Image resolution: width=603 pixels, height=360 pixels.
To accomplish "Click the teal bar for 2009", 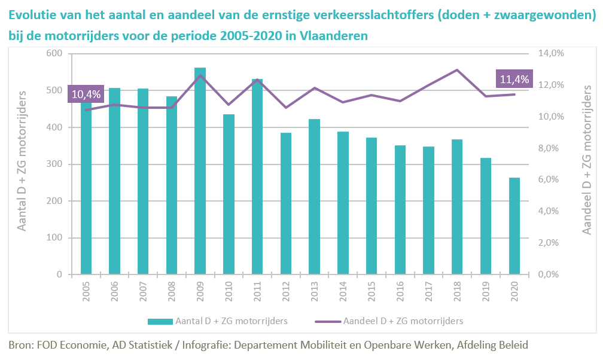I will tap(200, 173).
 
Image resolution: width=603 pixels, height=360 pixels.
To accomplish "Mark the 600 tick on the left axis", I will tap(54, 53).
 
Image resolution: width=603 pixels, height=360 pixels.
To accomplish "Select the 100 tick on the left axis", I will tap(54, 238).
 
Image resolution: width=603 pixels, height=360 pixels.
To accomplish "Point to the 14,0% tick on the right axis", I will tap(551, 53).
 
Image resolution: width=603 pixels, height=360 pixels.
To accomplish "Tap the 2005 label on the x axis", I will tap(87, 290).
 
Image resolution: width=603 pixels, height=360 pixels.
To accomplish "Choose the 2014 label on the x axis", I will tap(343, 290).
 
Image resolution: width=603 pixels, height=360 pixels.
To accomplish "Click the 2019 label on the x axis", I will tap(486, 290).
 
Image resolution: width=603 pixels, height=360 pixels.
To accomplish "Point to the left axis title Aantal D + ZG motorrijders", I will tap(23, 162).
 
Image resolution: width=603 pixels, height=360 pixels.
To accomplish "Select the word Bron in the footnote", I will tap(21, 345).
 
